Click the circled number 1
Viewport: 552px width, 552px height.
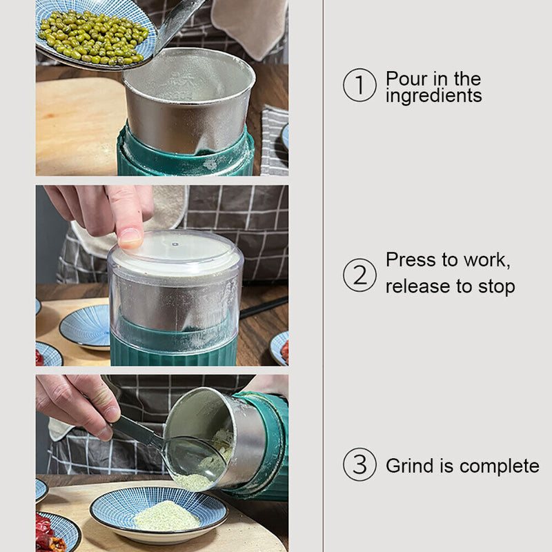pyautogui.click(x=359, y=85)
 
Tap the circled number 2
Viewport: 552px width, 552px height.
pyautogui.click(x=359, y=275)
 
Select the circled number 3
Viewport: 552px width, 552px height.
pyautogui.click(x=359, y=464)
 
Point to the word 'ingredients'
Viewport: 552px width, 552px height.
pyautogui.click(x=434, y=96)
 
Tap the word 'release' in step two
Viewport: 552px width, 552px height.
pyautogui.click(x=417, y=286)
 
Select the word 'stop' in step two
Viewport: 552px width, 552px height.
pyautogui.click(x=496, y=287)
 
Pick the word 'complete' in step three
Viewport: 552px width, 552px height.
pyautogui.click(x=499, y=466)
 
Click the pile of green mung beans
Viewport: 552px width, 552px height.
pyautogui.click(x=94, y=37)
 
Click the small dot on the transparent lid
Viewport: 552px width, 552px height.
pyautogui.click(x=175, y=244)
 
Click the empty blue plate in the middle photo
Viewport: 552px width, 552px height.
pyautogui.click(x=86, y=326)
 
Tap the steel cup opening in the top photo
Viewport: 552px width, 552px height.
pyautogui.click(x=189, y=75)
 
